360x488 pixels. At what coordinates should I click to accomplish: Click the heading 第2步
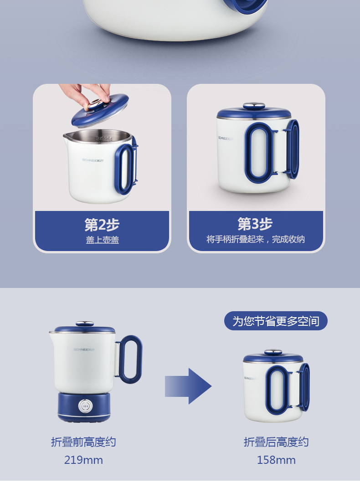point(102,225)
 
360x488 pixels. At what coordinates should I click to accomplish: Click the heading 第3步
point(255,224)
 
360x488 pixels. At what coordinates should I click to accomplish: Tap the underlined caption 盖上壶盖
point(103,240)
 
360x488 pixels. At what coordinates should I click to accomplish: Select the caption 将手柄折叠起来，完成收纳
point(256,239)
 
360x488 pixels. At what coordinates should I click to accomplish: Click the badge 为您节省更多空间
point(276,321)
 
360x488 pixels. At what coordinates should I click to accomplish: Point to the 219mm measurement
point(83,460)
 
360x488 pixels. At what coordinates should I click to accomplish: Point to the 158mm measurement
point(276,460)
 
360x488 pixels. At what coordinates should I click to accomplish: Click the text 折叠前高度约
point(83,442)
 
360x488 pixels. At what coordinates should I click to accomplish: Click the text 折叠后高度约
point(276,442)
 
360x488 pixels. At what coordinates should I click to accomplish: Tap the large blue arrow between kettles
point(188,386)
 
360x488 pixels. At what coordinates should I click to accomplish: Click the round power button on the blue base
point(85,406)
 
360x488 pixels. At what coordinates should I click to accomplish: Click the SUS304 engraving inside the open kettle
point(103,139)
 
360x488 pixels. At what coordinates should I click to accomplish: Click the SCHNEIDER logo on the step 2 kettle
point(93,160)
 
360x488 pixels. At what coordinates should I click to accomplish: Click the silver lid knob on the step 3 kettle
point(254,106)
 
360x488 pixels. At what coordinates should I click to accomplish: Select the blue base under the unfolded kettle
point(84,407)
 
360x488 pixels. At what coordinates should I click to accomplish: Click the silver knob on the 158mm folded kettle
point(273,352)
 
